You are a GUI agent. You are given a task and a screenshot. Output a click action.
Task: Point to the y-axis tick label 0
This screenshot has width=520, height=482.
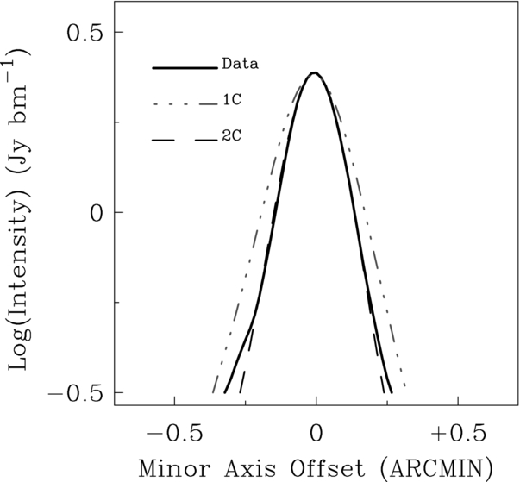(97, 213)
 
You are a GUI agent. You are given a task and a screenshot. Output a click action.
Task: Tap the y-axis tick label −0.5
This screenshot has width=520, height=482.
(75, 393)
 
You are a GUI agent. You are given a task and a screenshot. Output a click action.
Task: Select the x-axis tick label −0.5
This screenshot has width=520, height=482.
(175, 434)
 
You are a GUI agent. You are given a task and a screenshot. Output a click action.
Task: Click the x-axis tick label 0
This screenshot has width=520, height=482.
(316, 434)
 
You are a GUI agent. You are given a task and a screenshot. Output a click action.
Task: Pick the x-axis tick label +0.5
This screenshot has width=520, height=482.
(459, 434)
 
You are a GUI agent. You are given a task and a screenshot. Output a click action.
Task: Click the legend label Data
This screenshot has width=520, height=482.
(240, 64)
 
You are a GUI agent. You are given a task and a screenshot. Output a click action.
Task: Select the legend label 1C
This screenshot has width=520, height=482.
(232, 100)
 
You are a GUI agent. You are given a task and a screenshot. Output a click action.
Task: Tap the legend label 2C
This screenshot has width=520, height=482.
(232, 135)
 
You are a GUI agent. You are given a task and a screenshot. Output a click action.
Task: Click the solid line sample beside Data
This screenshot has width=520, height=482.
(185, 68)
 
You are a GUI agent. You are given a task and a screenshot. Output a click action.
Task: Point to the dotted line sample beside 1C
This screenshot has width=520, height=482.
(185, 104)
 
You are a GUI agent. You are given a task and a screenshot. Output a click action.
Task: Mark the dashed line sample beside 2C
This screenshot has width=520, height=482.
(185, 141)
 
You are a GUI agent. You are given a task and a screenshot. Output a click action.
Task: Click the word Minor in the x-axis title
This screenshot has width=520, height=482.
(175, 468)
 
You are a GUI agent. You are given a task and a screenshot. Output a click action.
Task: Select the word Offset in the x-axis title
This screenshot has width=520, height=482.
(328, 468)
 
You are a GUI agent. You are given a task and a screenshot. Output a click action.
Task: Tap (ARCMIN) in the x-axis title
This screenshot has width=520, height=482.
(436, 468)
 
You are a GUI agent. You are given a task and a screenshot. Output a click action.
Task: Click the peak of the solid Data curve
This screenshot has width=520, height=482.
(315, 72)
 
